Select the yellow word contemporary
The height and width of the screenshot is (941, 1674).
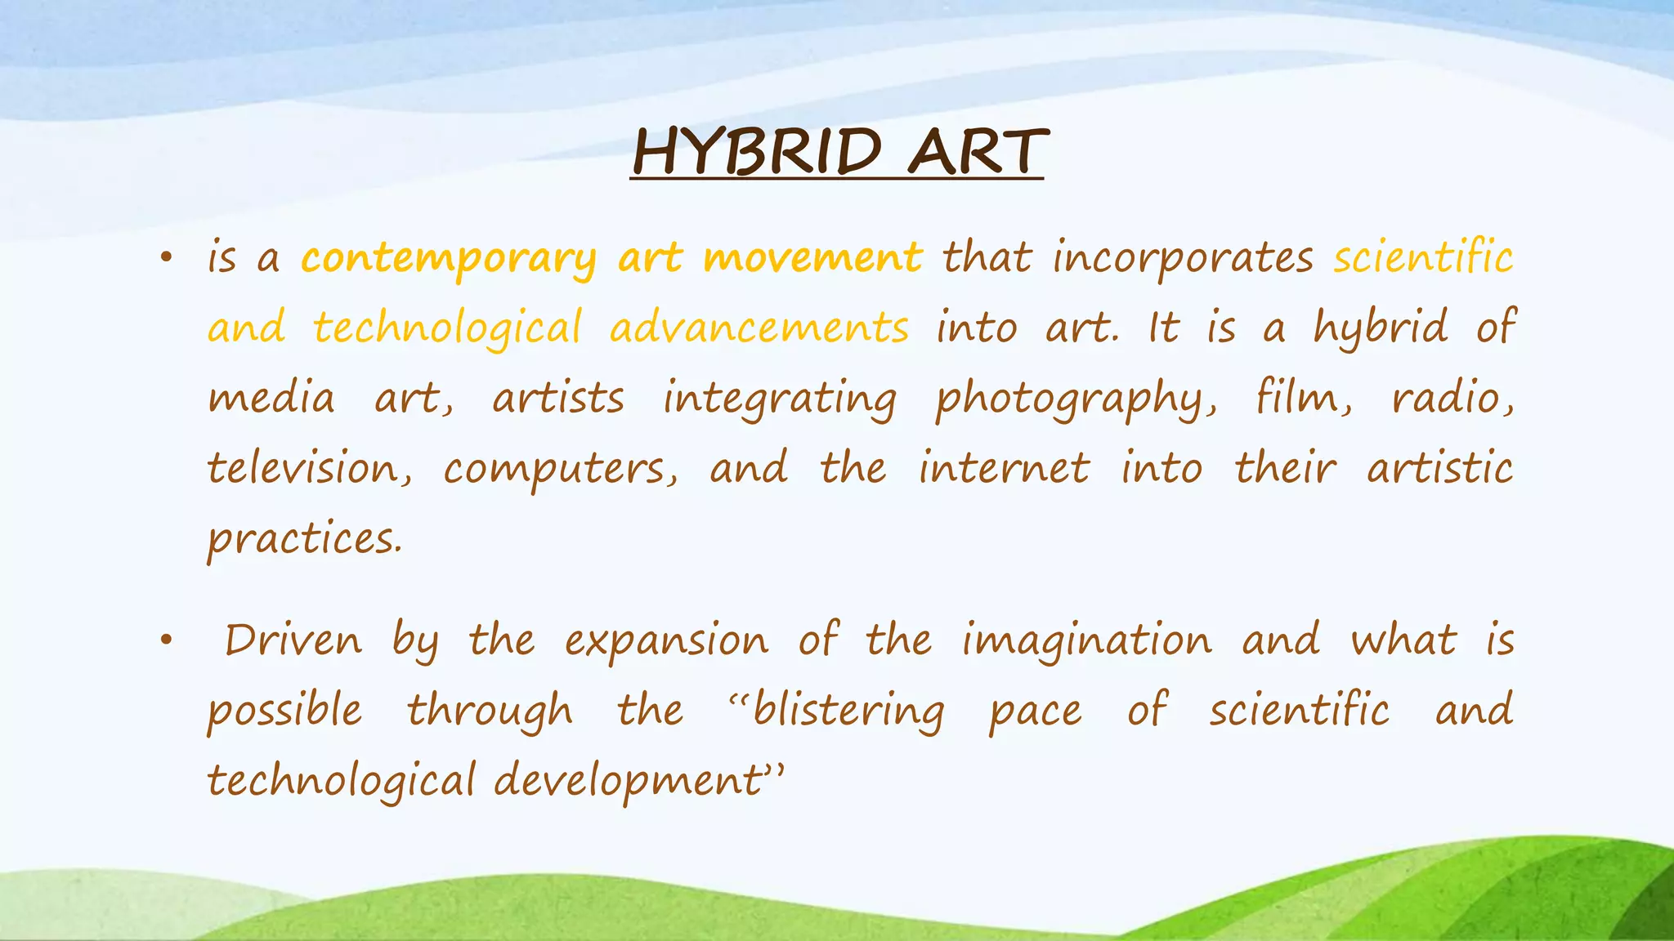click(x=449, y=258)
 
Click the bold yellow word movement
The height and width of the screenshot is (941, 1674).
click(x=812, y=258)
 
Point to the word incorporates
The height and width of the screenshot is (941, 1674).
click(x=1183, y=258)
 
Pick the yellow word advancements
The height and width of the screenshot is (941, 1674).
click(x=759, y=328)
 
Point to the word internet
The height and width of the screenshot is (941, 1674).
click(x=1004, y=469)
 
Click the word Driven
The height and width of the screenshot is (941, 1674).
click(x=293, y=640)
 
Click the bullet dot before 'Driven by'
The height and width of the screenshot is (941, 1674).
click(x=167, y=641)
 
